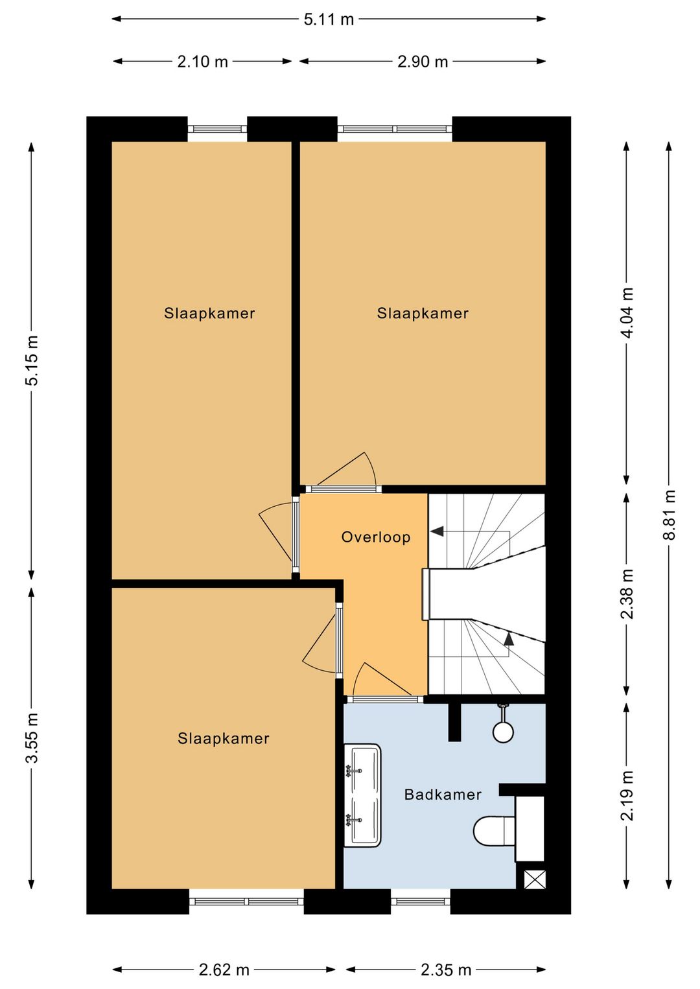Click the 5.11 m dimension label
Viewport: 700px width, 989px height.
coord(329,19)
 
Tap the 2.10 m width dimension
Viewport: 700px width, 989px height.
coord(202,62)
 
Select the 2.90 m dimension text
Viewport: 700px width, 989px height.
coord(423,62)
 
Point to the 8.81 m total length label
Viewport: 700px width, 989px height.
coord(669,515)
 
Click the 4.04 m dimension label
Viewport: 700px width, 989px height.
coord(627,313)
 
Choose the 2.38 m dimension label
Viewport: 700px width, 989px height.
coord(627,594)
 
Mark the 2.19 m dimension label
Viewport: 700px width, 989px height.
coord(627,796)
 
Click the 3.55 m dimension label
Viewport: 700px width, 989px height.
coord(32,738)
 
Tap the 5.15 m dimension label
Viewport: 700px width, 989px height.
coord(32,360)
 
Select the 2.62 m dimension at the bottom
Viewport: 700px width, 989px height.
coord(224,970)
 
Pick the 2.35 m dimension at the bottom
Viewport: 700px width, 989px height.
coord(446,970)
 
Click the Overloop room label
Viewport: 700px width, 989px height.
coord(376,537)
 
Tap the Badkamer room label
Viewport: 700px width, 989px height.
coord(443,795)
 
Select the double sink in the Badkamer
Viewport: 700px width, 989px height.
coord(362,795)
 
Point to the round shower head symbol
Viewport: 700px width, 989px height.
coord(503,732)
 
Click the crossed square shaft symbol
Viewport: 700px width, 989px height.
coord(535,879)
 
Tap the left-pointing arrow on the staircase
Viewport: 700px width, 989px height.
coord(437,531)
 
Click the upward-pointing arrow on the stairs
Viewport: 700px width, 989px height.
coord(509,639)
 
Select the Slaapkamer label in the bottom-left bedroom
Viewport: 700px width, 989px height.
coord(224,739)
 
